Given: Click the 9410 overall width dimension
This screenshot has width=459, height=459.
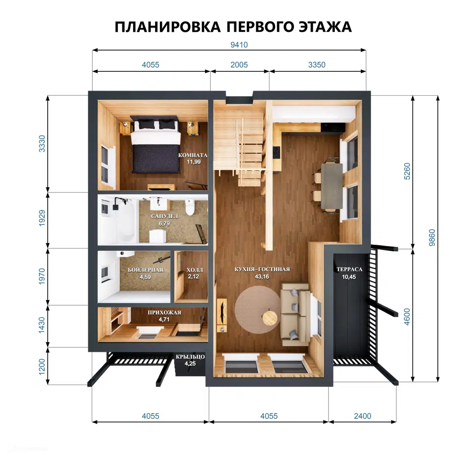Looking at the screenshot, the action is click(239, 45).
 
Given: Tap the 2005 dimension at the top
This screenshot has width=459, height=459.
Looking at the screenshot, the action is click(239, 65).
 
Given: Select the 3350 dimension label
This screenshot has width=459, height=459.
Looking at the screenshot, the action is click(317, 65).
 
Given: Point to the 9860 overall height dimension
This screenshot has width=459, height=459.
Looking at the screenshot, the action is click(432, 238).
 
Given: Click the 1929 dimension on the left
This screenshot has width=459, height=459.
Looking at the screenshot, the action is click(42, 218).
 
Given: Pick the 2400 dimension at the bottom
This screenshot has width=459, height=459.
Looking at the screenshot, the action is click(363, 416).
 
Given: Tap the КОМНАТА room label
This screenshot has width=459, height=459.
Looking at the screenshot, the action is click(193, 155).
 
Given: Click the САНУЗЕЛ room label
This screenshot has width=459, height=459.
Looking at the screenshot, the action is click(164, 216).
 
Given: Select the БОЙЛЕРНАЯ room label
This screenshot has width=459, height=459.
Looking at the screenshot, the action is click(145, 270).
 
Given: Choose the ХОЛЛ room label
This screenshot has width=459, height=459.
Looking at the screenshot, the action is click(195, 270).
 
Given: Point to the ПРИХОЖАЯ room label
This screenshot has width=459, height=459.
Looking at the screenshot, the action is click(164, 312).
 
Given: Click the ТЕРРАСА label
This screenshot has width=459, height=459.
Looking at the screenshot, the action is click(349, 269).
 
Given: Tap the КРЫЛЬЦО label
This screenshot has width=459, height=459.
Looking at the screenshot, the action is click(190, 357).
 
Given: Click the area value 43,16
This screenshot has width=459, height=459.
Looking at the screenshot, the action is click(262, 277).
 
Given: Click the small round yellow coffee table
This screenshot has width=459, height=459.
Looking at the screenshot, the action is click(269, 318).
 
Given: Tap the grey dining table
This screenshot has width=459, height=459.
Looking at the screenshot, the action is click(332, 186).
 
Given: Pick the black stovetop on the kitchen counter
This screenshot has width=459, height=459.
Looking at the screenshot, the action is click(276, 152).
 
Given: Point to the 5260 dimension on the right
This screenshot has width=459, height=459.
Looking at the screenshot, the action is click(407, 171).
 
